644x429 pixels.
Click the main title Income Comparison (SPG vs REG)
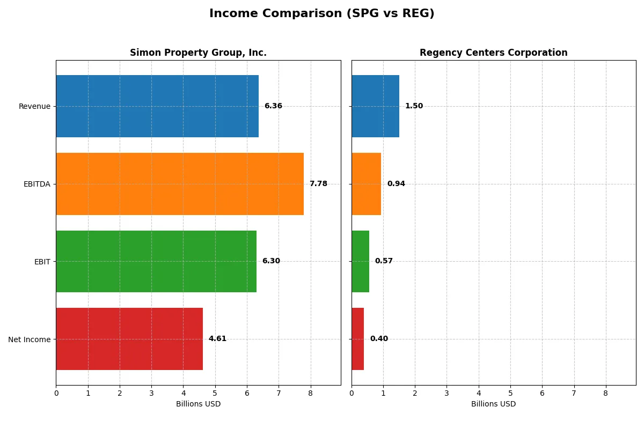(321, 13)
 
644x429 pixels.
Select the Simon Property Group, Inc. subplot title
(198, 53)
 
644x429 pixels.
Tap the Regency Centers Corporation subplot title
(493, 53)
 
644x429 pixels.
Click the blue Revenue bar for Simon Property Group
(157, 106)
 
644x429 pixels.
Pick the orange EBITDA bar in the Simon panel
(180, 184)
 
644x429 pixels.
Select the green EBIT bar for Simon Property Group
(156, 261)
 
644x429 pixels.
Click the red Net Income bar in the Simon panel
(129, 339)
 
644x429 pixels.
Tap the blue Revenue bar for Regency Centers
(375, 106)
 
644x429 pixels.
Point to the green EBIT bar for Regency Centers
(360, 261)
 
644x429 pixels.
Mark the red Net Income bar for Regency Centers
(357, 339)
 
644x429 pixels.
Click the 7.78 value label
(318, 184)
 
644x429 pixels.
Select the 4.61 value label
(217, 339)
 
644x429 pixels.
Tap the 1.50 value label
(414, 106)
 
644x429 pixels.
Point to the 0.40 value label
(379, 339)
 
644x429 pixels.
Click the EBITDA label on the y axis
(36, 184)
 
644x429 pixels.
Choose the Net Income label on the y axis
(30, 339)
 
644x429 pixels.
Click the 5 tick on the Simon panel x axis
(215, 393)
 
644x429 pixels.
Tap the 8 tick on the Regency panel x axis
(606, 393)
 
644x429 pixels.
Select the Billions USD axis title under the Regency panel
(493, 404)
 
